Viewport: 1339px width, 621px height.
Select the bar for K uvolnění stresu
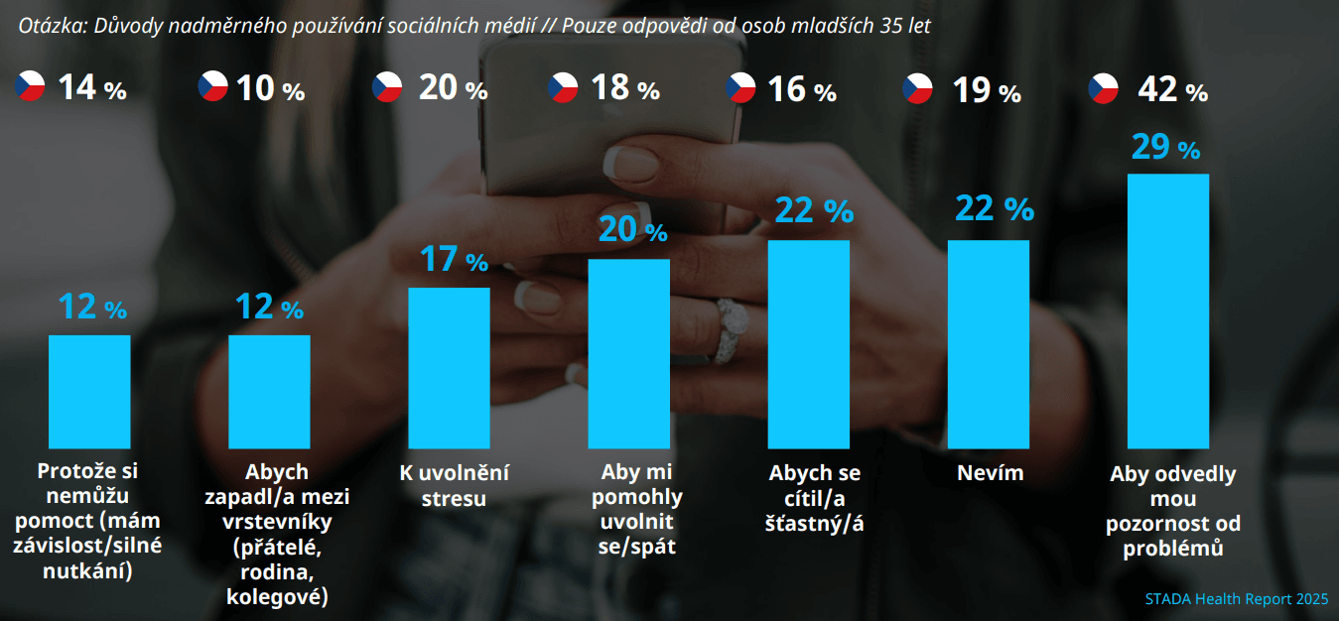tap(450, 367)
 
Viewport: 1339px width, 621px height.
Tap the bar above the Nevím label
tap(989, 343)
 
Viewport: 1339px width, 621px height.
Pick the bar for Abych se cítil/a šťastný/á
tap(809, 343)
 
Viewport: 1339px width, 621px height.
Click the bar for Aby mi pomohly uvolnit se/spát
tap(629, 353)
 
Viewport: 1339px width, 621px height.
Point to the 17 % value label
tap(453, 260)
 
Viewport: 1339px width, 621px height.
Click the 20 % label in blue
tap(632, 230)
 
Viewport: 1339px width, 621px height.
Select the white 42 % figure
tap(1172, 90)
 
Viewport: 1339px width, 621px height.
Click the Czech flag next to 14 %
tap(31, 87)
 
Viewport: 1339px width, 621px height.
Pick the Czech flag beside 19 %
tap(917, 88)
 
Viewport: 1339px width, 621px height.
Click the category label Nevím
tap(990, 473)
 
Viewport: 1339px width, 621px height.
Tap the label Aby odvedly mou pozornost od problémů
tap(1172, 511)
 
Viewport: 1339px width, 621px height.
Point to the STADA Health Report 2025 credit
tap(1236, 599)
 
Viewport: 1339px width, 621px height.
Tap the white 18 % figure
tap(624, 88)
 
